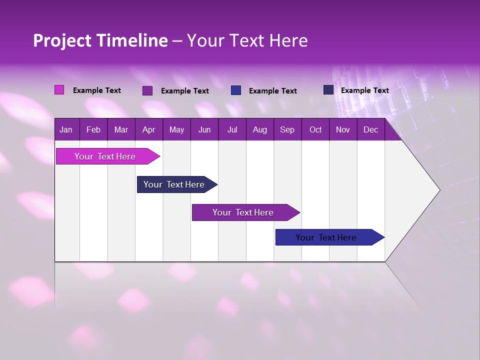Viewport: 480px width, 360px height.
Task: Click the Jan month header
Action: pyautogui.click(x=66, y=129)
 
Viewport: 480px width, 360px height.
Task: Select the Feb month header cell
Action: pyautogui.click(x=93, y=129)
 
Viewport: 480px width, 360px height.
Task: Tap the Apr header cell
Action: pyautogui.click(x=148, y=129)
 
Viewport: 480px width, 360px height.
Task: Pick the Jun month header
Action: pyautogui.click(x=204, y=129)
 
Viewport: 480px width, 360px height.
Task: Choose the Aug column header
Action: pyautogui.click(x=259, y=129)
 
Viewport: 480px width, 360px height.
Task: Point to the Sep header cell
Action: pyautogui.click(x=287, y=129)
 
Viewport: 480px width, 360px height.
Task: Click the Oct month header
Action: pyautogui.click(x=315, y=129)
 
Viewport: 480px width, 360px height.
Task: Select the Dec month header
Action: pyautogui.click(x=370, y=129)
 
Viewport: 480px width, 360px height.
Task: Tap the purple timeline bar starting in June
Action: pyautogui.click(x=243, y=212)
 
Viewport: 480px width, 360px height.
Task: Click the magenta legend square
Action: pyautogui.click(x=59, y=90)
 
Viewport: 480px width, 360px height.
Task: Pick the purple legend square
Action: pyautogui.click(x=147, y=90)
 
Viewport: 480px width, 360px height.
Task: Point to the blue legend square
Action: pyautogui.click(x=236, y=90)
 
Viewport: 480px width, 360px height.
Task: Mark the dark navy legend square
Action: pyautogui.click(x=328, y=90)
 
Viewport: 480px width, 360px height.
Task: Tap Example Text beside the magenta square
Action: pyautogui.click(x=97, y=90)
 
